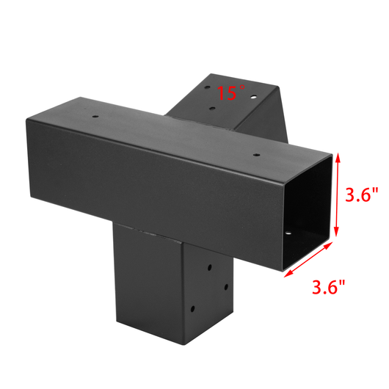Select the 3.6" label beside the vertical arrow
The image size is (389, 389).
click(x=362, y=195)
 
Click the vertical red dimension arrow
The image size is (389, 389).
click(x=338, y=195)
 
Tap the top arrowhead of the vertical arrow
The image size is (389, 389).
click(x=338, y=157)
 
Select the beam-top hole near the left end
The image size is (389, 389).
click(x=95, y=115)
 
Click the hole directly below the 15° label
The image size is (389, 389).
click(x=212, y=109)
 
